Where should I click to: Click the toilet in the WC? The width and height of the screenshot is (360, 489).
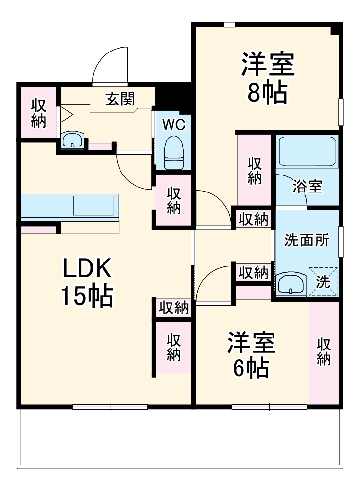(x=173, y=152)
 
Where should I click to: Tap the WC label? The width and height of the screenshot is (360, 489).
(x=173, y=125)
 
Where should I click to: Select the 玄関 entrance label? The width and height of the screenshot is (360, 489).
(x=120, y=100)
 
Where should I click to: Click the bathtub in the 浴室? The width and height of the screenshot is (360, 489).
(x=307, y=152)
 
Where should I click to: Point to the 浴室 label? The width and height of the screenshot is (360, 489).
(x=307, y=186)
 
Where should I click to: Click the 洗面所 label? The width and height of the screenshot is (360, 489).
(x=307, y=241)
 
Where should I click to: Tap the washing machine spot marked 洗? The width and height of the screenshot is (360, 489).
(x=323, y=280)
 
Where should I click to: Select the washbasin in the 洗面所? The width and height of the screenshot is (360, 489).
(x=291, y=283)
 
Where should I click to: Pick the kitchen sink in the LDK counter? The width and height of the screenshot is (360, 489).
(x=95, y=206)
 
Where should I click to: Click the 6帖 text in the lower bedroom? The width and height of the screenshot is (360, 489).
(x=251, y=368)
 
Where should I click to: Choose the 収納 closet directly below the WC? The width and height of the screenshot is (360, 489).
(x=174, y=200)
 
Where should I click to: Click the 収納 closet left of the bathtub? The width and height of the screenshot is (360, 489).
(x=254, y=170)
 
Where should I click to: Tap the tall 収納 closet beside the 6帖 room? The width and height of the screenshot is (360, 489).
(x=324, y=352)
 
